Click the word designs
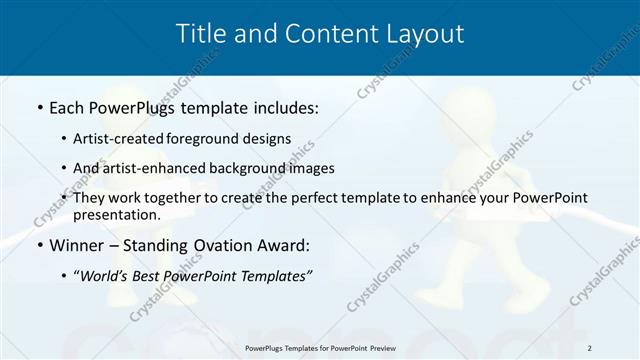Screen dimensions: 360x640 tap(270, 139)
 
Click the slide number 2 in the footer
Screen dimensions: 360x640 tap(590, 347)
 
